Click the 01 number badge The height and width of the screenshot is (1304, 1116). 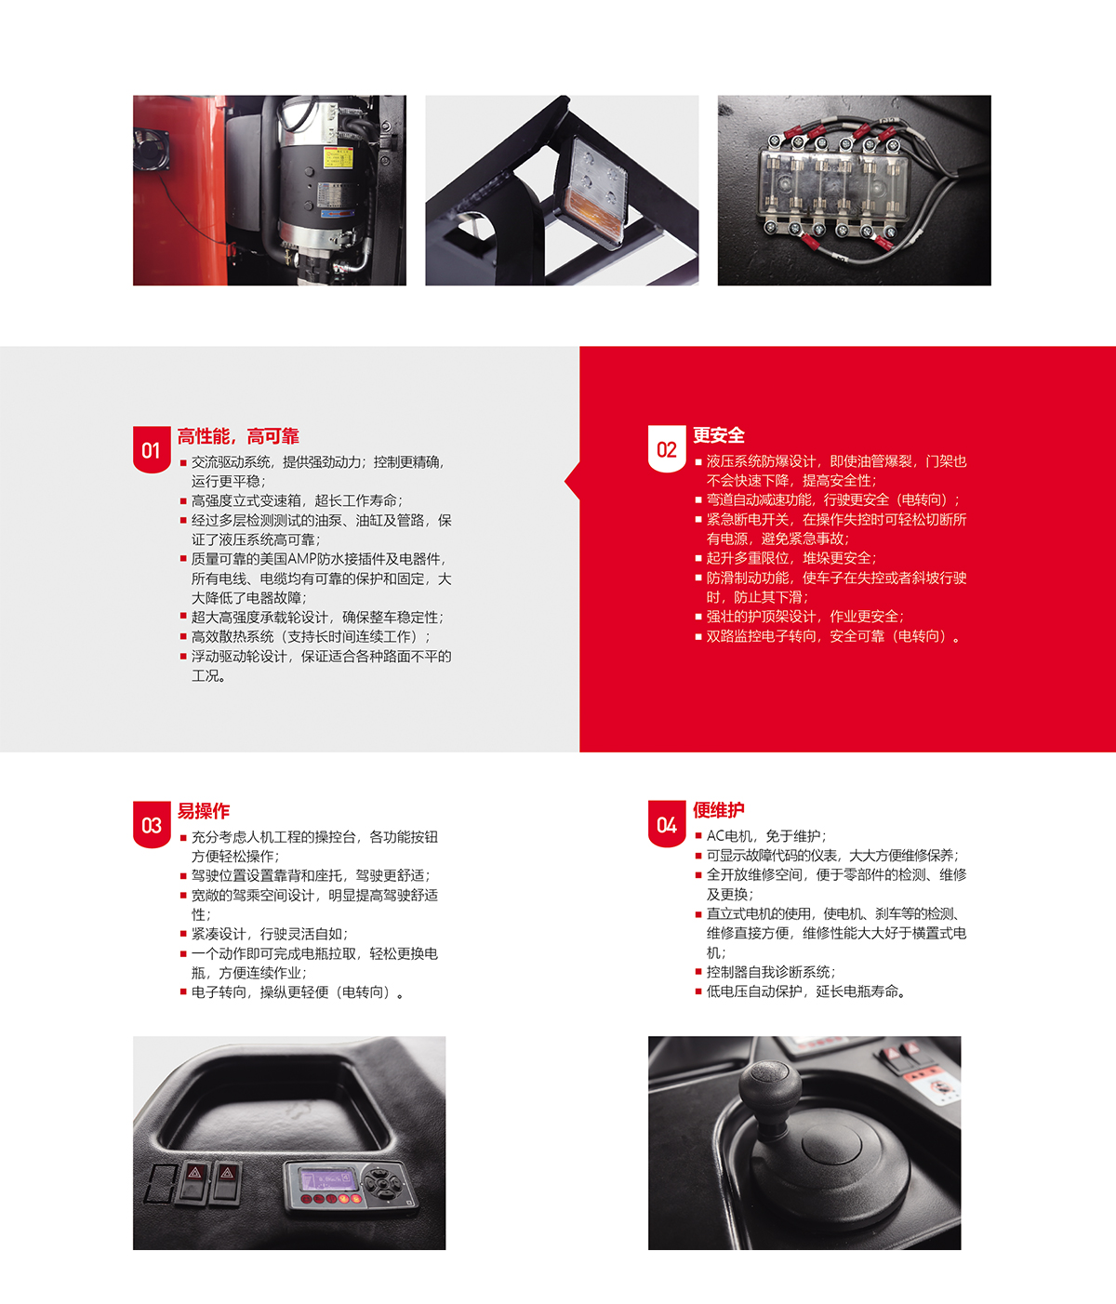coord(151,450)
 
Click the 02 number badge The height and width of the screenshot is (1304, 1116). coord(666,449)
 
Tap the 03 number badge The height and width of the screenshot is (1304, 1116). coord(151,825)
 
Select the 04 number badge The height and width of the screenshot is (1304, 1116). coord(666,824)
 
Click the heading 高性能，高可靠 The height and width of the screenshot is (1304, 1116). coord(238,436)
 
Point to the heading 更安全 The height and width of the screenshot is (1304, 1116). coord(718,435)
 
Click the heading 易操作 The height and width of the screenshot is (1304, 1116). coord(204,811)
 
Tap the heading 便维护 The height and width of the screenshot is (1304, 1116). coord(718,810)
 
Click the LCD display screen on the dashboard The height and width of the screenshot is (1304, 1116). coord(325,1180)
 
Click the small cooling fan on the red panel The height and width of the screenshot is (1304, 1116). coord(152,149)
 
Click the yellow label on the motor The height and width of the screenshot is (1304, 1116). coord(337,158)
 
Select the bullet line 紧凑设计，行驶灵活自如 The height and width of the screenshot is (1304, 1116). coord(269,934)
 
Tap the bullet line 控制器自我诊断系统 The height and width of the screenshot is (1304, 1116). coord(770,972)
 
